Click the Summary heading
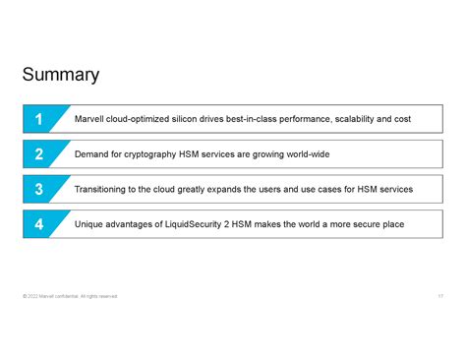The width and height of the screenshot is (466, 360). click(61, 75)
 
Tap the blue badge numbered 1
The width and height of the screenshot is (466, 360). click(39, 119)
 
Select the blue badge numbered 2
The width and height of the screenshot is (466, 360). click(39, 154)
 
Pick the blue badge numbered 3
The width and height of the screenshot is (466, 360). click(39, 189)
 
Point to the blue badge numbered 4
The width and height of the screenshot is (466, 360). click(39, 224)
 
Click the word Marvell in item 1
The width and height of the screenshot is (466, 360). click(89, 119)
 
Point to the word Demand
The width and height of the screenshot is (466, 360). click(92, 154)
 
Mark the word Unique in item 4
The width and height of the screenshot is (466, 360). click(90, 224)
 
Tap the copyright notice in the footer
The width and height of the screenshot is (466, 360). click(69, 296)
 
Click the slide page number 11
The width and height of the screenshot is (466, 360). click(440, 296)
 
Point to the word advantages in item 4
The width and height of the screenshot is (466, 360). click(137, 224)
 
